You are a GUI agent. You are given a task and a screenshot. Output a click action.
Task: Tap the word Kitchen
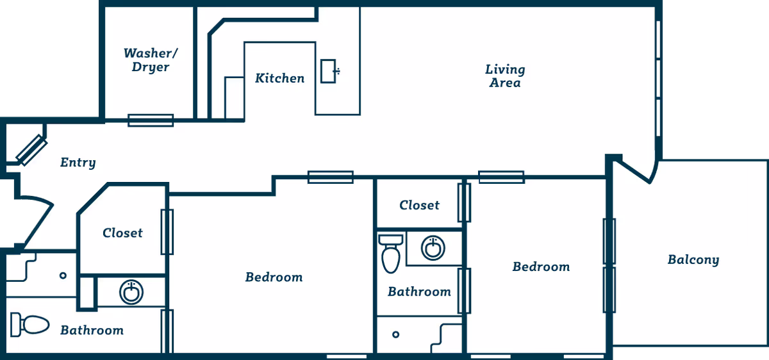279,78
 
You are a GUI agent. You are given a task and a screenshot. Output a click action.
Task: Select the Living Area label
505,76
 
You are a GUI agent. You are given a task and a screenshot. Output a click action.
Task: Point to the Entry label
78,163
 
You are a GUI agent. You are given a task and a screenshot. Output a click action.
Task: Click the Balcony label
693,260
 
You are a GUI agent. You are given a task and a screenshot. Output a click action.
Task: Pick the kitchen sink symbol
330,70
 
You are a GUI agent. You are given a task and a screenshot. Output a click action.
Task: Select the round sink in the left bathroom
131,292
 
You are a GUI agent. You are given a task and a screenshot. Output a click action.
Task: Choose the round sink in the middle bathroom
433,247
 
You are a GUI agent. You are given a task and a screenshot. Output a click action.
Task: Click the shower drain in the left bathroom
63,275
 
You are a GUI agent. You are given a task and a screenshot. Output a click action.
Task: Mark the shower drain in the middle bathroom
396,334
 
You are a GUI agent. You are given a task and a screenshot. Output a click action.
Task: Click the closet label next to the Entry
122,233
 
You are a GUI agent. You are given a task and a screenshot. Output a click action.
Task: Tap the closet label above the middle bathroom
419,205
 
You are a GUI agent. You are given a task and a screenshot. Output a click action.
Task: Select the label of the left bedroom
274,277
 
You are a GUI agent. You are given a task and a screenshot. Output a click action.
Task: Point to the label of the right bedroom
541,266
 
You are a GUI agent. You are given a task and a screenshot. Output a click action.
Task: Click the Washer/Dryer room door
151,120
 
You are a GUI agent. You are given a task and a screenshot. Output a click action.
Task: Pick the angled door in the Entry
31,150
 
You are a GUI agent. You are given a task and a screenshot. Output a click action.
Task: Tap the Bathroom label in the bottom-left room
92,331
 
